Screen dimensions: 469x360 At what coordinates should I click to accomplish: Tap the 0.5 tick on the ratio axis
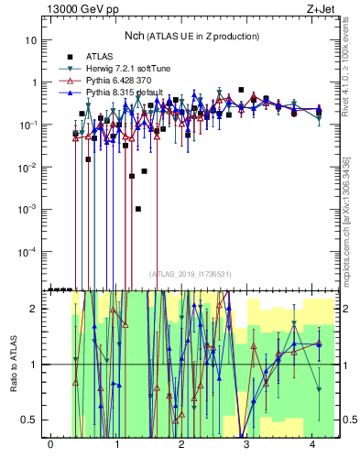31,420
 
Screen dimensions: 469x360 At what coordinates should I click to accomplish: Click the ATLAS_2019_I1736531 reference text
191,274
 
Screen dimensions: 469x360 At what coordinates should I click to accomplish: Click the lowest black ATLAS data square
138,209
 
